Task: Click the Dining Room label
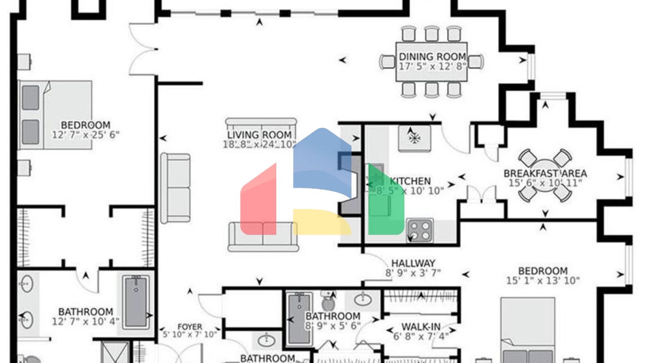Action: pyautogui.click(x=432, y=56)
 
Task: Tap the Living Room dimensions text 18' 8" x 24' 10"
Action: pyautogui.click(x=260, y=145)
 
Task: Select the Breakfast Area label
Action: pyautogui.click(x=545, y=173)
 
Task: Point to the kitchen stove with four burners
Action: pyautogui.click(x=420, y=230)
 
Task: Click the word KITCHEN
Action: pyautogui.click(x=410, y=181)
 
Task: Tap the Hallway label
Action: pyautogui.click(x=413, y=263)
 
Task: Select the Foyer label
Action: pyautogui.click(x=190, y=326)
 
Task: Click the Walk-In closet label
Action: pyautogui.click(x=421, y=326)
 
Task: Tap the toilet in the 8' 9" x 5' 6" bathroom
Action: pyautogui.click(x=328, y=301)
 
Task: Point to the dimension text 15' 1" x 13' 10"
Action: pyautogui.click(x=543, y=281)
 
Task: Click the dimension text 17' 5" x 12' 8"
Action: pyautogui.click(x=432, y=66)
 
